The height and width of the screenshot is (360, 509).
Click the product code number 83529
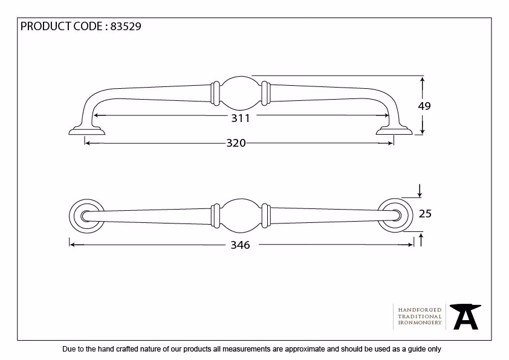[x=126, y=26]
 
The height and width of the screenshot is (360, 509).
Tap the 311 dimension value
[x=241, y=118]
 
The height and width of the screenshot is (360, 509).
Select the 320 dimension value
[x=236, y=143]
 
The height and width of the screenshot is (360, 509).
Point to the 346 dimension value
[x=240, y=245]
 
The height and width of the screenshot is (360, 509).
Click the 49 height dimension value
[x=424, y=106]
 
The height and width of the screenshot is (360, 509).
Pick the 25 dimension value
[x=425, y=214]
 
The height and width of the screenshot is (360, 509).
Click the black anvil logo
[x=465, y=317]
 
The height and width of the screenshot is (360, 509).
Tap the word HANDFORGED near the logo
[x=420, y=310]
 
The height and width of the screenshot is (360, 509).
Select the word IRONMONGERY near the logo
[x=420, y=323]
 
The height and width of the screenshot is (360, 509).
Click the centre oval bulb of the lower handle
[x=241, y=216]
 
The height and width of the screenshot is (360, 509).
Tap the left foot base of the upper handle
[x=86, y=130]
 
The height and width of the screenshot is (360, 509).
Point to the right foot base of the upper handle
[x=394, y=130]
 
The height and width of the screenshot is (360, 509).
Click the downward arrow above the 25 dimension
[x=420, y=191]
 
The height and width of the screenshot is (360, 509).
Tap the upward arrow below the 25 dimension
[x=421, y=240]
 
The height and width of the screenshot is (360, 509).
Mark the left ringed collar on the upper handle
[x=215, y=93]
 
